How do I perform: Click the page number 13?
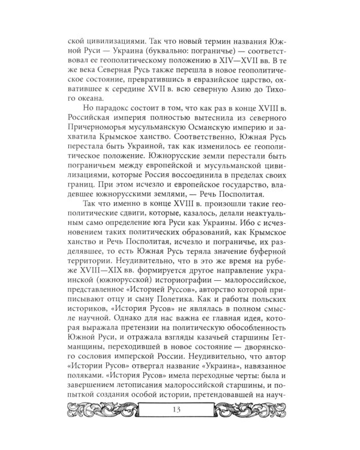point(180,426)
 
